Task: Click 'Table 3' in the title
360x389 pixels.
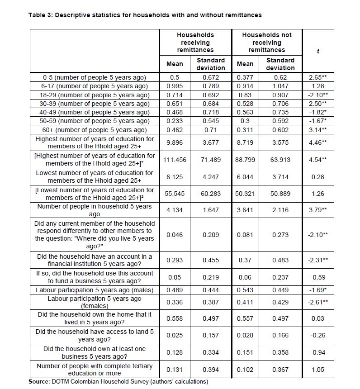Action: point(41,15)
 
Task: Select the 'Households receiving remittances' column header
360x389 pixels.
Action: point(195,42)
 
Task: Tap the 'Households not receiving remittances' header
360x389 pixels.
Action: point(267,42)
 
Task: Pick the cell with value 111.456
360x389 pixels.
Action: point(175,160)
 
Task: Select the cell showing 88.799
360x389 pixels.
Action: point(245,160)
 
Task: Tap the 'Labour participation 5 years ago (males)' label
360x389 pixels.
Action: point(95,290)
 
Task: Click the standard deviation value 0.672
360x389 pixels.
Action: point(210,77)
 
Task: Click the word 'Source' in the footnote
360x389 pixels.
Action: point(39,382)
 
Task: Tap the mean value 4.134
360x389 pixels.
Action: point(175,210)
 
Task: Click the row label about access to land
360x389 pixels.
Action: point(95,335)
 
